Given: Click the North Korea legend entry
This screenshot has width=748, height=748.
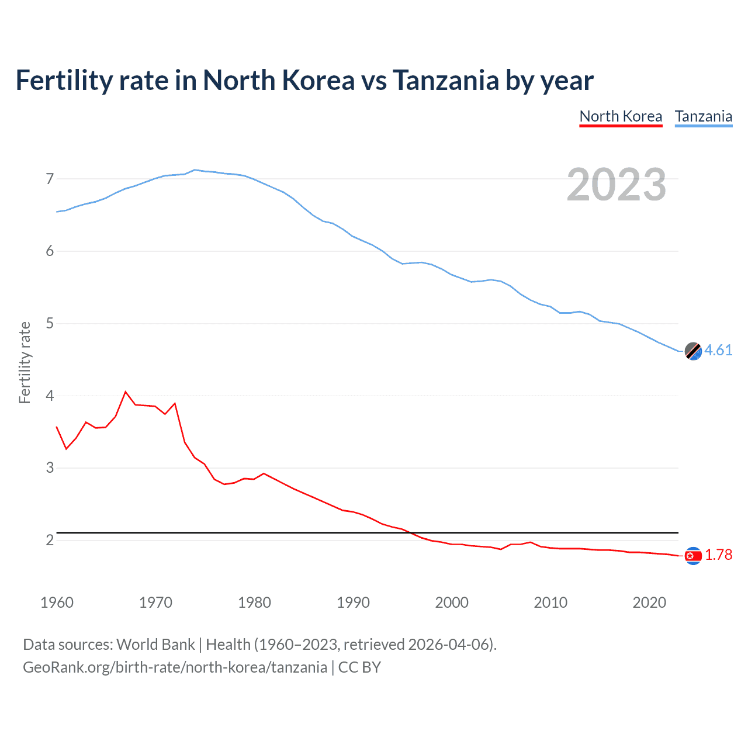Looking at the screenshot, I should tap(621, 116).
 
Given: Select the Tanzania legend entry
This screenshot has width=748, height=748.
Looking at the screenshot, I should tap(703, 116).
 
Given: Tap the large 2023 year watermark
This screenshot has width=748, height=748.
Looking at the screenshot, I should tap(616, 185).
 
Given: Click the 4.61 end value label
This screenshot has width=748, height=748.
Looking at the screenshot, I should tap(718, 350).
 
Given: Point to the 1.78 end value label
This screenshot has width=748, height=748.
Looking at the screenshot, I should tap(718, 555).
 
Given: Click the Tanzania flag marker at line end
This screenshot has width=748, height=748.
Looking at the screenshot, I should tap(693, 351).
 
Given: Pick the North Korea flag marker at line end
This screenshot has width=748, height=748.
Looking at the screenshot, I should tap(693, 556).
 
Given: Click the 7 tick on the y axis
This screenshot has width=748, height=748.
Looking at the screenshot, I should tap(50, 179).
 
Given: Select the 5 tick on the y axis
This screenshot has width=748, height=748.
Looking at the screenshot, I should tap(50, 323).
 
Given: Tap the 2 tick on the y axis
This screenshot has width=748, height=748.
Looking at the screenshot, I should tap(50, 540).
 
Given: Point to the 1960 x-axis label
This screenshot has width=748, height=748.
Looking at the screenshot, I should tap(57, 602).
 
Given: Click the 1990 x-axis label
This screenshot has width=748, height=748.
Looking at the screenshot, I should tap(353, 602).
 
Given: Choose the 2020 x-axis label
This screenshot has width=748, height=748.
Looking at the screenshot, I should tap(649, 602).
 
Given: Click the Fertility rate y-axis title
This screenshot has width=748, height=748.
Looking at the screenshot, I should tap(25, 362).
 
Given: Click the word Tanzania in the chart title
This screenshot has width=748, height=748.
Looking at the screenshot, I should tap(445, 80).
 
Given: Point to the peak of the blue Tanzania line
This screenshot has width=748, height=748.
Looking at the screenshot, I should tap(195, 169).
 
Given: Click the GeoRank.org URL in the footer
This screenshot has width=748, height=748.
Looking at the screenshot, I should tap(175, 667).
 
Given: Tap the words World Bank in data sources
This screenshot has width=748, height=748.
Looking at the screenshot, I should tap(155, 645).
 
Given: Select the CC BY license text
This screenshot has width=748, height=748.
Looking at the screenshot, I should tap(359, 667).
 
